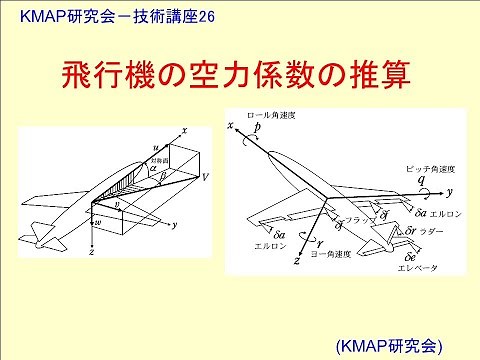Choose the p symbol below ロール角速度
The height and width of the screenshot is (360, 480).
click(x=258, y=130)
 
